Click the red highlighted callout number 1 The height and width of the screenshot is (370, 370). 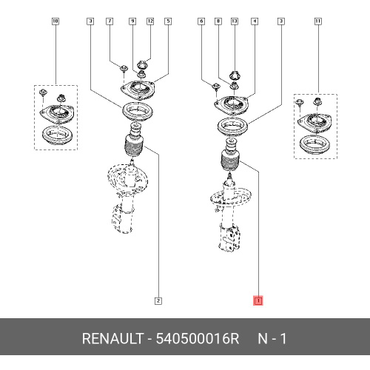pos(258,300)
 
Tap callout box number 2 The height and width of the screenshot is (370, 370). pos(158,300)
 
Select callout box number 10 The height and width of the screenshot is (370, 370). pos(55,21)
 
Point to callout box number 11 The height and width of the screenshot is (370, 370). pos(318,21)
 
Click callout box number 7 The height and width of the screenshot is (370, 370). pos(110,21)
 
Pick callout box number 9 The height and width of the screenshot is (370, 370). pos(132,21)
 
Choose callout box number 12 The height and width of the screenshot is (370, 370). pos(150,21)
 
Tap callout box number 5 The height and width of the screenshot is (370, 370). pos(168,21)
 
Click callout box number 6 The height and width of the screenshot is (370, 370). pos(201,21)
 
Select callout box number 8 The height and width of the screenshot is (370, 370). pos(218,21)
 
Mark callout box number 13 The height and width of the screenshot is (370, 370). pos(235,21)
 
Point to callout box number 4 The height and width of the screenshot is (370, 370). pos(255,21)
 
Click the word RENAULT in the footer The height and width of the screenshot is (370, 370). pos(112,338)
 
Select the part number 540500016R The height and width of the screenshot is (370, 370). pos(198,338)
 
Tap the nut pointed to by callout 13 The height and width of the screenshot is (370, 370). pos(235,75)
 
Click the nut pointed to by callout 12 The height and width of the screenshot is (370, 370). pos(142,64)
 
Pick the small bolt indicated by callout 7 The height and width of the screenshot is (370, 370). pos(124,69)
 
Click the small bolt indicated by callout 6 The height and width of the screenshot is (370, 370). pos(216,87)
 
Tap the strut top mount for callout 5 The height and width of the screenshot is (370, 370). pos(138,90)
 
